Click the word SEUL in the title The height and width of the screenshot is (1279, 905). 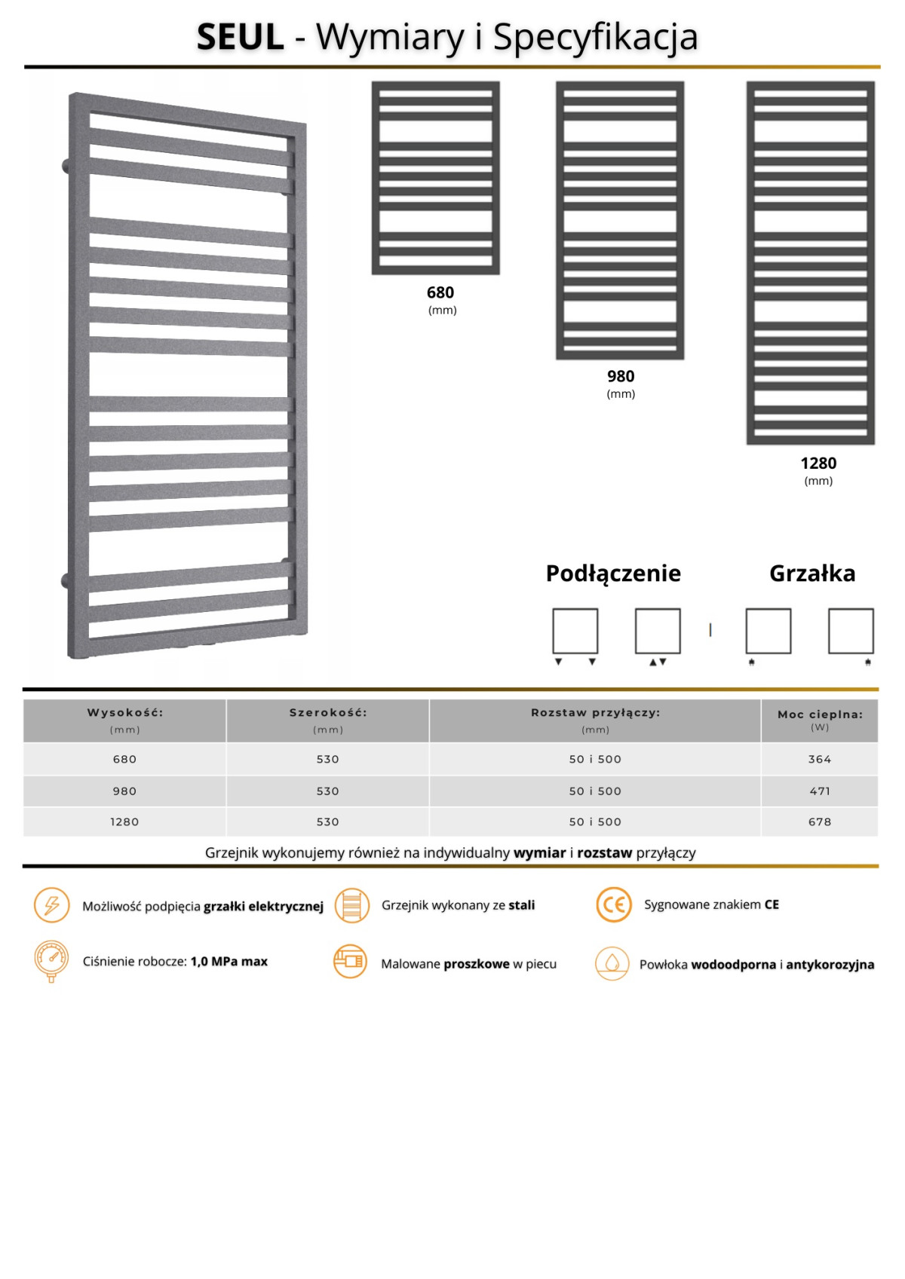[240, 37]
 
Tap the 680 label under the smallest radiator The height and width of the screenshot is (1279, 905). [440, 292]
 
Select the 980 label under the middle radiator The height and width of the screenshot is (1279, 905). [621, 376]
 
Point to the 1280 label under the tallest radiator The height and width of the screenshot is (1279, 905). [818, 463]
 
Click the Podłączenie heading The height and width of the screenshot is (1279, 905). [613, 574]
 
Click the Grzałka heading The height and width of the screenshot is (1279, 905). [812, 574]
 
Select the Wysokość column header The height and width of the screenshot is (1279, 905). [125, 712]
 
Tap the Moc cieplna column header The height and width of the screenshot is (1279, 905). [820, 714]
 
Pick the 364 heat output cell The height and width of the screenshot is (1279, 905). [820, 759]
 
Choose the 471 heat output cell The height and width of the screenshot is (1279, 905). [820, 791]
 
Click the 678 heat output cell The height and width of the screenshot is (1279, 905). [820, 822]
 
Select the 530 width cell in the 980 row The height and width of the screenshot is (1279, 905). [327, 791]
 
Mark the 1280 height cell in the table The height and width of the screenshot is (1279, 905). [125, 822]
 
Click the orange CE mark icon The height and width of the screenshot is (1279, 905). [613, 904]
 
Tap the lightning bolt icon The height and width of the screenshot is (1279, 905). [51, 905]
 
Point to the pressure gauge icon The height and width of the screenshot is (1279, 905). [51, 960]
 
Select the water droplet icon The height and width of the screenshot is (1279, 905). [612, 963]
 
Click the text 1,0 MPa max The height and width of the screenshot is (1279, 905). [229, 962]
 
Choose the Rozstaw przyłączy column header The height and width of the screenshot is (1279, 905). [595, 712]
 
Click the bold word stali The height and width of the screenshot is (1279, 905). [522, 905]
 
